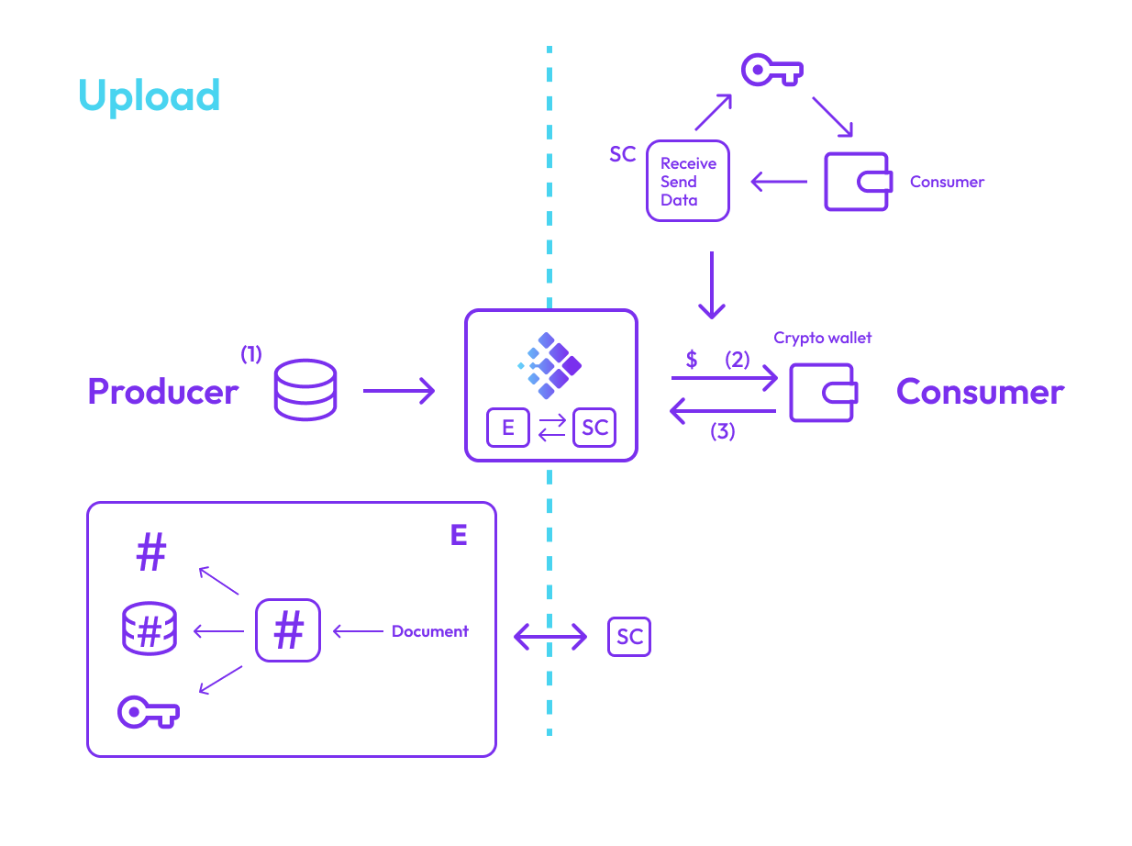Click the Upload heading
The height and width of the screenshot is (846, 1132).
(x=149, y=96)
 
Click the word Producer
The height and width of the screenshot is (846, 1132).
(x=162, y=392)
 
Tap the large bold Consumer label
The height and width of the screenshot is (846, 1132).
(x=980, y=392)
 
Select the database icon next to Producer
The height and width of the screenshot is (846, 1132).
(x=305, y=390)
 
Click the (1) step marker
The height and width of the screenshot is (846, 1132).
(x=250, y=353)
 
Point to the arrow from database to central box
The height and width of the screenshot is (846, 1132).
(x=398, y=392)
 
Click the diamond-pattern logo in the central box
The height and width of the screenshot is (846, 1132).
(x=549, y=365)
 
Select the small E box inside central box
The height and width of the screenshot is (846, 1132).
(x=507, y=429)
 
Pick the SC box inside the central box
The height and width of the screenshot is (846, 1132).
(x=594, y=429)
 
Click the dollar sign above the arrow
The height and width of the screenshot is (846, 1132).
(x=692, y=360)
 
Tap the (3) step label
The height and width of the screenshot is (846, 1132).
(x=723, y=431)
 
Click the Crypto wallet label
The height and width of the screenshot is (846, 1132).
(x=822, y=338)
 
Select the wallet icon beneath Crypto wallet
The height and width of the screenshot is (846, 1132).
(x=823, y=393)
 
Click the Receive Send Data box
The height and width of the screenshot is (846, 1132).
(x=687, y=181)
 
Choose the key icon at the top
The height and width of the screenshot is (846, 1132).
(x=771, y=70)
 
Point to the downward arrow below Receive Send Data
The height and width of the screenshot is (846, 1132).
(x=712, y=284)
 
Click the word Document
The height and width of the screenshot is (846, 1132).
(x=429, y=631)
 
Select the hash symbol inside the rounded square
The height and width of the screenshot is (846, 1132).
(x=288, y=630)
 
